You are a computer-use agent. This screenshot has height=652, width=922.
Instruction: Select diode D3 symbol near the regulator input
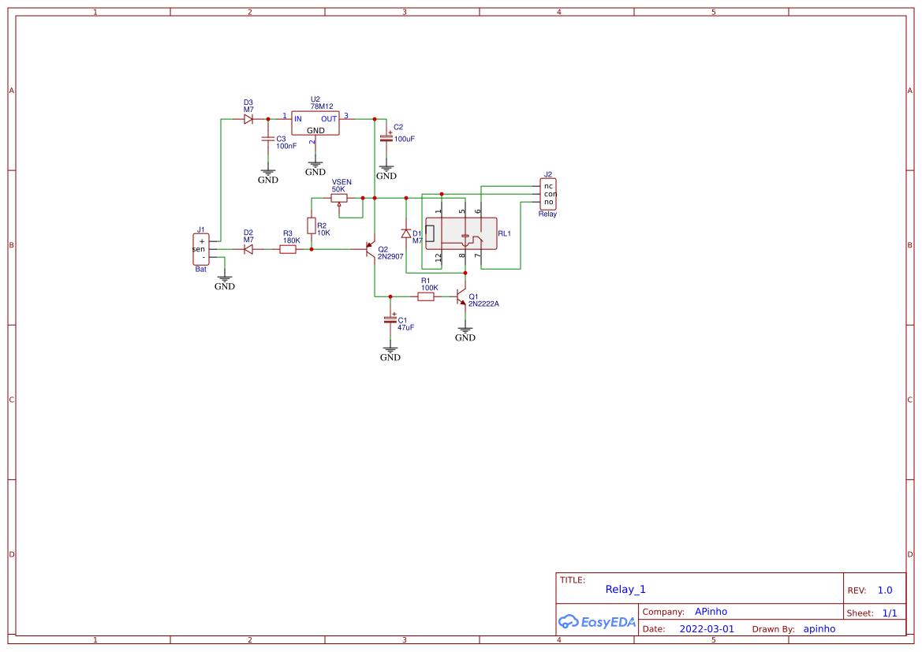click(x=248, y=119)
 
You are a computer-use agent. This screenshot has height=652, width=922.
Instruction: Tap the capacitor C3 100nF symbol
click(x=267, y=140)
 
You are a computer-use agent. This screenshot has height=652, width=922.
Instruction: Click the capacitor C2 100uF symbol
click(x=386, y=138)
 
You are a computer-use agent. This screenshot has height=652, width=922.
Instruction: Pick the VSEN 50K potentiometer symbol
click(x=339, y=198)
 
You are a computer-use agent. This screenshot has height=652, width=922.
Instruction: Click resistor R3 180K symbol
click(x=288, y=249)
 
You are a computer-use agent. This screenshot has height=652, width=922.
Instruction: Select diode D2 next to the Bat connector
click(x=248, y=249)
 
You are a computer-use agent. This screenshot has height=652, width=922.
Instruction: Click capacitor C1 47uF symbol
click(x=390, y=319)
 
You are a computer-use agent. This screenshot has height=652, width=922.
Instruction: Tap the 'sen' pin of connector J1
click(x=199, y=249)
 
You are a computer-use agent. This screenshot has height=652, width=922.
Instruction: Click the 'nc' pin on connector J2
click(x=549, y=186)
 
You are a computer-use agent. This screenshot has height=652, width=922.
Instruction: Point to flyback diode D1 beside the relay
click(x=406, y=233)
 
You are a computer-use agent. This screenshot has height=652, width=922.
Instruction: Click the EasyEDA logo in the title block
click(x=597, y=621)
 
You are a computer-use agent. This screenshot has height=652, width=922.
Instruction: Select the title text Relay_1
click(x=625, y=589)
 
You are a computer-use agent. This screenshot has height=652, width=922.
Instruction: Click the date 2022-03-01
click(x=707, y=629)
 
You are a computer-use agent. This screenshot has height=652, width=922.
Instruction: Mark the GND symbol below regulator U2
click(x=315, y=168)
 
